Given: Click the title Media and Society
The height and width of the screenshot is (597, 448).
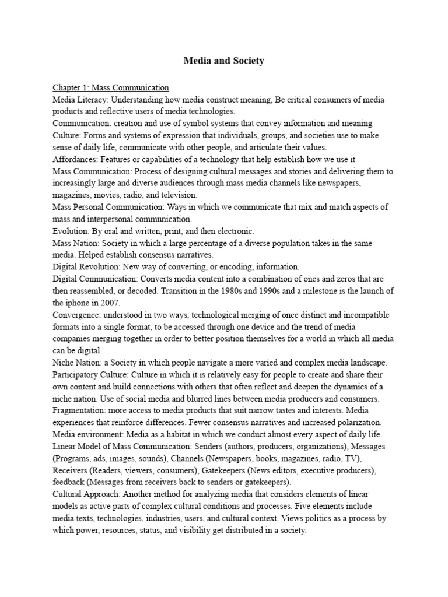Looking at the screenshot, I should coord(224,61).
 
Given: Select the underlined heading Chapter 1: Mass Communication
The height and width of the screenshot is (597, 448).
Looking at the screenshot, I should coord(111,88).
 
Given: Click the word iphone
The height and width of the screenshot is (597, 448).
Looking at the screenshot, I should coord(81,303).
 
